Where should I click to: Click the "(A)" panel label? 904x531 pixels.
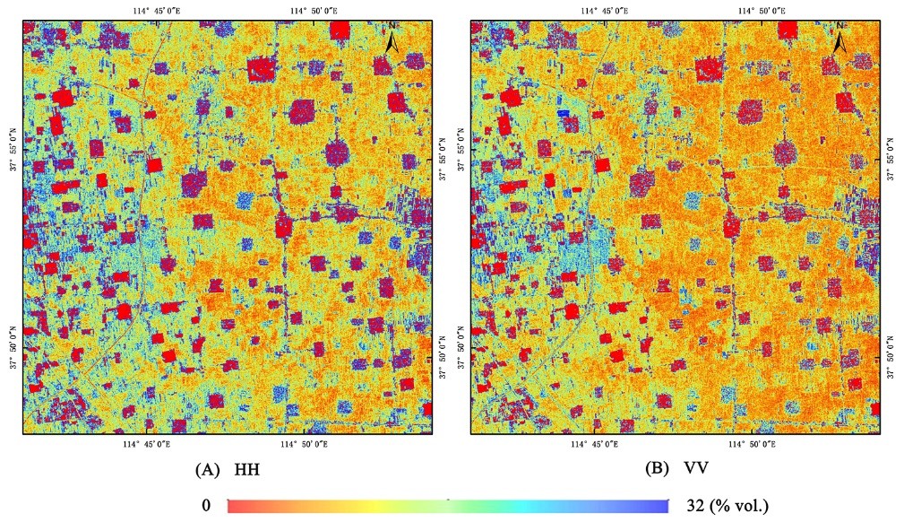(x=209, y=468)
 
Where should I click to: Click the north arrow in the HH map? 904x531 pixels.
(x=392, y=41)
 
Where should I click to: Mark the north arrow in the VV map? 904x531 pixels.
(x=840, y=41)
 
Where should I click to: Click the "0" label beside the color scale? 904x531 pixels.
(x=206, y=506)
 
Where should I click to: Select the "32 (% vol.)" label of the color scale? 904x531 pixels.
(x=727, y=506)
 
